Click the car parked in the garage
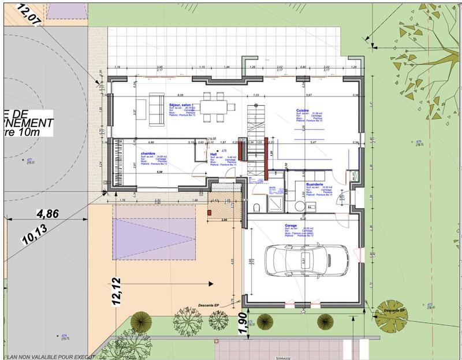coord(306,261)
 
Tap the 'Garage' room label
coord(290,225)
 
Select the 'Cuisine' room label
coord(303,110)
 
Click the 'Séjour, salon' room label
coord(180,105)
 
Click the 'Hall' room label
coord(213,155)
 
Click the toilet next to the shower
coord(258,207)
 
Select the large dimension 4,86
coord(49,213)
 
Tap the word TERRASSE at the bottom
coord(283,358)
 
